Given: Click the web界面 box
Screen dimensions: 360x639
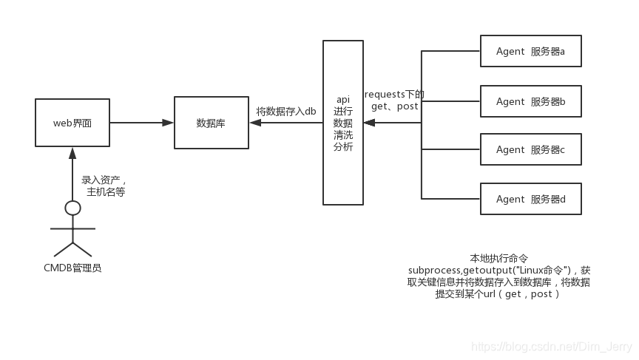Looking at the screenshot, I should [x=72, y=123].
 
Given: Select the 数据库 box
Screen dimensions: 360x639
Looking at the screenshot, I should [x=211, y=123].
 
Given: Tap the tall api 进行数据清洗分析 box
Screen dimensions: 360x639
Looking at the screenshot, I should [x=343, y=123].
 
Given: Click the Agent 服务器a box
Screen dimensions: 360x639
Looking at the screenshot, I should [x=530, y=52].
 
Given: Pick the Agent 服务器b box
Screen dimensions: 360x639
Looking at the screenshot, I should [x=530, y=101].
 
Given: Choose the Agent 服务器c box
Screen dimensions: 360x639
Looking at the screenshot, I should [x=530, y=149].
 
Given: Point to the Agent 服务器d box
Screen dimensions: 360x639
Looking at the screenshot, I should [x=530, y=199].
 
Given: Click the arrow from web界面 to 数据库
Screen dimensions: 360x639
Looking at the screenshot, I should [x=141, y=123].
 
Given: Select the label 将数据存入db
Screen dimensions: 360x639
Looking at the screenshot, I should [x=286, y=111].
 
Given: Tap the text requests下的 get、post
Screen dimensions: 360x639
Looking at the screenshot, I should [x=395, y=100].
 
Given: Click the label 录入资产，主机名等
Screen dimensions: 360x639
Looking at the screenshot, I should [x=104, y=186].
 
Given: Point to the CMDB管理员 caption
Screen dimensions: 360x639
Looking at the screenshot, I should [x=72, y=268].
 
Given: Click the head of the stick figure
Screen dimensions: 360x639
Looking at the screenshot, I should [x=72, y=208].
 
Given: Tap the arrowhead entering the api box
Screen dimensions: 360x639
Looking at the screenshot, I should [x=369, y=123].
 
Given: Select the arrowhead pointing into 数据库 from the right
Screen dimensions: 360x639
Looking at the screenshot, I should [x=255, y=123].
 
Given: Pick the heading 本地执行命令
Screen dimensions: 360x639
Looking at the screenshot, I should [x=499, y=258].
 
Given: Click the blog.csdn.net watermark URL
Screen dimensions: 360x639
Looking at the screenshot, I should [x=550, y=346].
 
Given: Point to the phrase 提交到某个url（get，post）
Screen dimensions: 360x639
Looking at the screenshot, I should [x=498, y=293].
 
